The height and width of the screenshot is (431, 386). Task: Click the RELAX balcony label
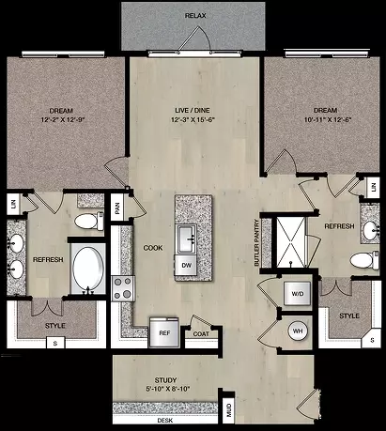click(x=195, y=15)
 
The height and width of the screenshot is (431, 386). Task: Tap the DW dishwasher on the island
click(x=187, y=265)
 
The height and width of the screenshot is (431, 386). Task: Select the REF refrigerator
click(x=164, y=332)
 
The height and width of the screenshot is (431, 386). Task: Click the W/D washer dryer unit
click(x=298, y=294)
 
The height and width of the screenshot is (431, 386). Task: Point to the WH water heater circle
click(x=298, y=331)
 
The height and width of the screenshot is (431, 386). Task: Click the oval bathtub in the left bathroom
click(x=88, y=268)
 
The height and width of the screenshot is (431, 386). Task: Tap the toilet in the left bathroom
click(x=89, y=221)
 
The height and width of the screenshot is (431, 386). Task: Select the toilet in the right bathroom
click(x=364, y=260)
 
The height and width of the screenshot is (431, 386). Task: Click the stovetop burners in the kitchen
click(x=123, y=288)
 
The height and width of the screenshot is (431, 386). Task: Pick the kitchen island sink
click(x=187, y=239)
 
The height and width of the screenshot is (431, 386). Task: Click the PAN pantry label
click(x=117, y=208)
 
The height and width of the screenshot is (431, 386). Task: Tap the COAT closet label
click(x=201, y=334)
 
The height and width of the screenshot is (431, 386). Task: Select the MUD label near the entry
click(x=229, y=410)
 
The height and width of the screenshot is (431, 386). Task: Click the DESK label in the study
click(x=165, y=420)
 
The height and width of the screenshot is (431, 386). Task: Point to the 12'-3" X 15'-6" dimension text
click(x=193, y=119)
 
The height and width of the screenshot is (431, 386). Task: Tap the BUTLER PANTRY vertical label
click(x=257, y=243)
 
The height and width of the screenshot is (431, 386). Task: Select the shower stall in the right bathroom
click(x=291, y=242)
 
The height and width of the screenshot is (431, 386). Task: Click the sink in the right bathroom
click(x=371, y=230)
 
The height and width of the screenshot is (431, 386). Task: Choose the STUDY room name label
click(x=165, y=380)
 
